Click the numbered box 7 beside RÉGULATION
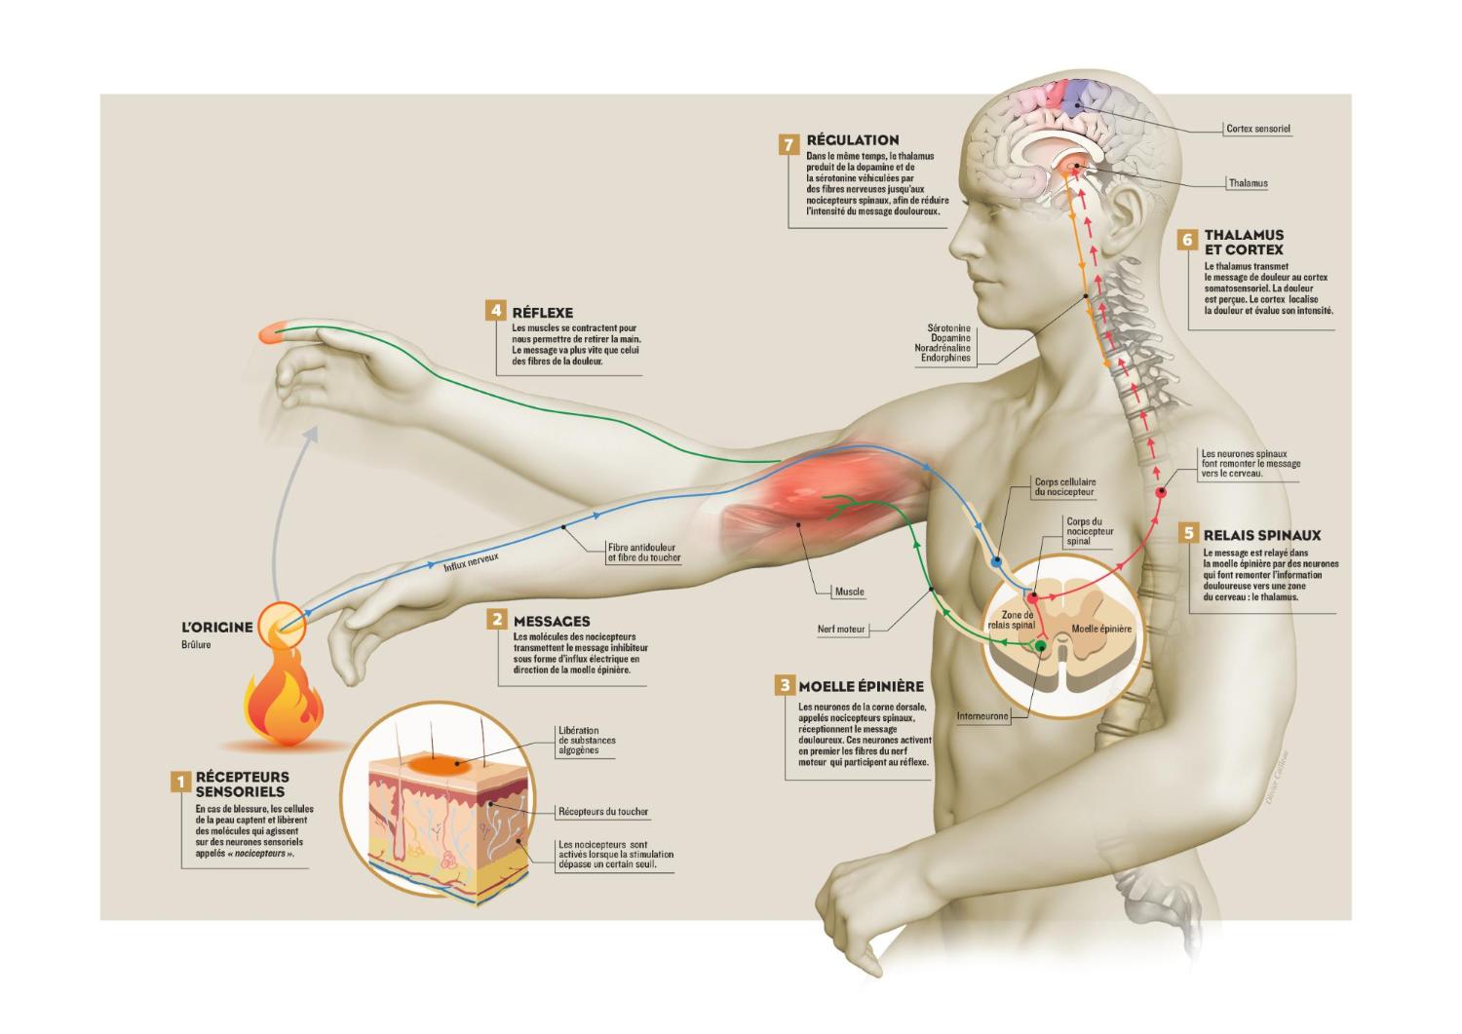[789, 144]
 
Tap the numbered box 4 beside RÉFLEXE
[496, 311]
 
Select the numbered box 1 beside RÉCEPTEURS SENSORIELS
[179, 782]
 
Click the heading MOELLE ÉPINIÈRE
[861, 686]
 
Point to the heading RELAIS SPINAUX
[1261, 535]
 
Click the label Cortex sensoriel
[1257, 129]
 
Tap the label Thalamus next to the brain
[1248, 183]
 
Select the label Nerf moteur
[841, 630]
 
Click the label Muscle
[849, 592]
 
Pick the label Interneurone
[981, 716]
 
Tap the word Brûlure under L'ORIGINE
[196, 644]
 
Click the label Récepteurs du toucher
[602, 811]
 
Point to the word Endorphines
[945, 359]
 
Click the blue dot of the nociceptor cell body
[996, 562]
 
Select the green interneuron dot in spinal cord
[1041, 645]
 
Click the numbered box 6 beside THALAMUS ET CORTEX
[1186, 240]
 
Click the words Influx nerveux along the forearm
[471, 561]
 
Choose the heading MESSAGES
[552, 621]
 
